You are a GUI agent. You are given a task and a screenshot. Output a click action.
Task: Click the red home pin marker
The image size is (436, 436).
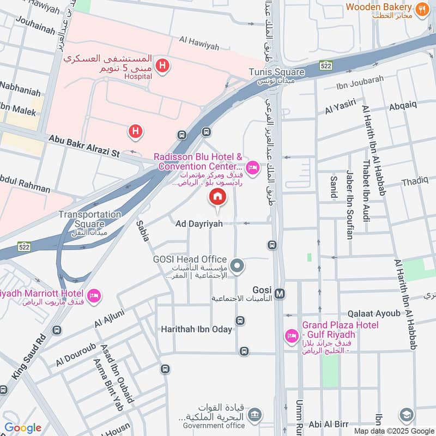pyautogui.click(x=217, y=197)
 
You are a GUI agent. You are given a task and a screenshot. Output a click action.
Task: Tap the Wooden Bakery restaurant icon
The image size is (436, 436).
pyautogui.click(x=421, y=9)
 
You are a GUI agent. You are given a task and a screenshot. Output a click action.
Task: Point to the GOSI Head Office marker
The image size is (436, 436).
pyautogui.click(x=237, y=266)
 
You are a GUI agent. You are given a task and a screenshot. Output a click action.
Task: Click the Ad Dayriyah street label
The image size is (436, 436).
pyautogui.click(x=199, y=223)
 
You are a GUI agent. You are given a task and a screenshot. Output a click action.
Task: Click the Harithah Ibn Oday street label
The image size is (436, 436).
pyautogui.click(x=196, y=329)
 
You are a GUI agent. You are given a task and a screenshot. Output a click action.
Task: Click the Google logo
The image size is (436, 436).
pyautogui.click(x=22, y=428)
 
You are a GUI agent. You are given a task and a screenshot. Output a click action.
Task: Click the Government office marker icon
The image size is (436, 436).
pyautogui.click(x=254, y=415)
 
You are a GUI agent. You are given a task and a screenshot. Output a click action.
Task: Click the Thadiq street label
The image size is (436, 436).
pyautogui.click(x=415, y=181)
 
